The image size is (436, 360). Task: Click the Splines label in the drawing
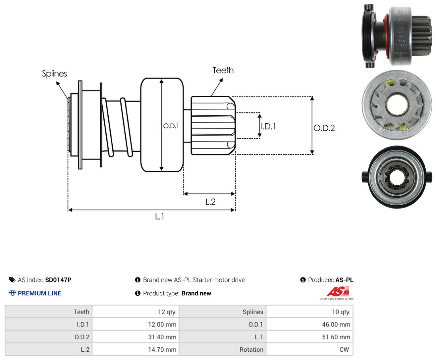pos(54,74)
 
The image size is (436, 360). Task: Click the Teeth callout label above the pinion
pos(223,70)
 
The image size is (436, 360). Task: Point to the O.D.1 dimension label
pos(171,126)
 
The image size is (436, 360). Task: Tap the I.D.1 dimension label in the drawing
pos(268,126)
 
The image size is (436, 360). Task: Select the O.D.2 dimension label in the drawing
pos(324,128)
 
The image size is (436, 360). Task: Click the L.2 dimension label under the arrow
pos(210,202)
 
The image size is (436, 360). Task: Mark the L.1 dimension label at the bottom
pos(160,216)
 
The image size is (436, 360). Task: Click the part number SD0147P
pos(58,280)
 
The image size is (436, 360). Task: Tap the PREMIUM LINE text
pos(39,293)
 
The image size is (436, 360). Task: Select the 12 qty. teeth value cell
pos(136,312)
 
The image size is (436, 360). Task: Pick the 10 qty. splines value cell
pos(309,312)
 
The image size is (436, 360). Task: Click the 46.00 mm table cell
pos(309,324)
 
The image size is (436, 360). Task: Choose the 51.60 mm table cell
pos(309,337)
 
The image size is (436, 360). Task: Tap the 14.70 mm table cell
pos(136,349)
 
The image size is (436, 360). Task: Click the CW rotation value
pos(344,349)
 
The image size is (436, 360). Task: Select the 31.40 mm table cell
pos(136,337)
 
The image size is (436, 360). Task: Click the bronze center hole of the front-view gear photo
pos(397,104)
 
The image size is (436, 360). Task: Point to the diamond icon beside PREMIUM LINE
pos(12,293)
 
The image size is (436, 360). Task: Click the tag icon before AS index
pos(12,280)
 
